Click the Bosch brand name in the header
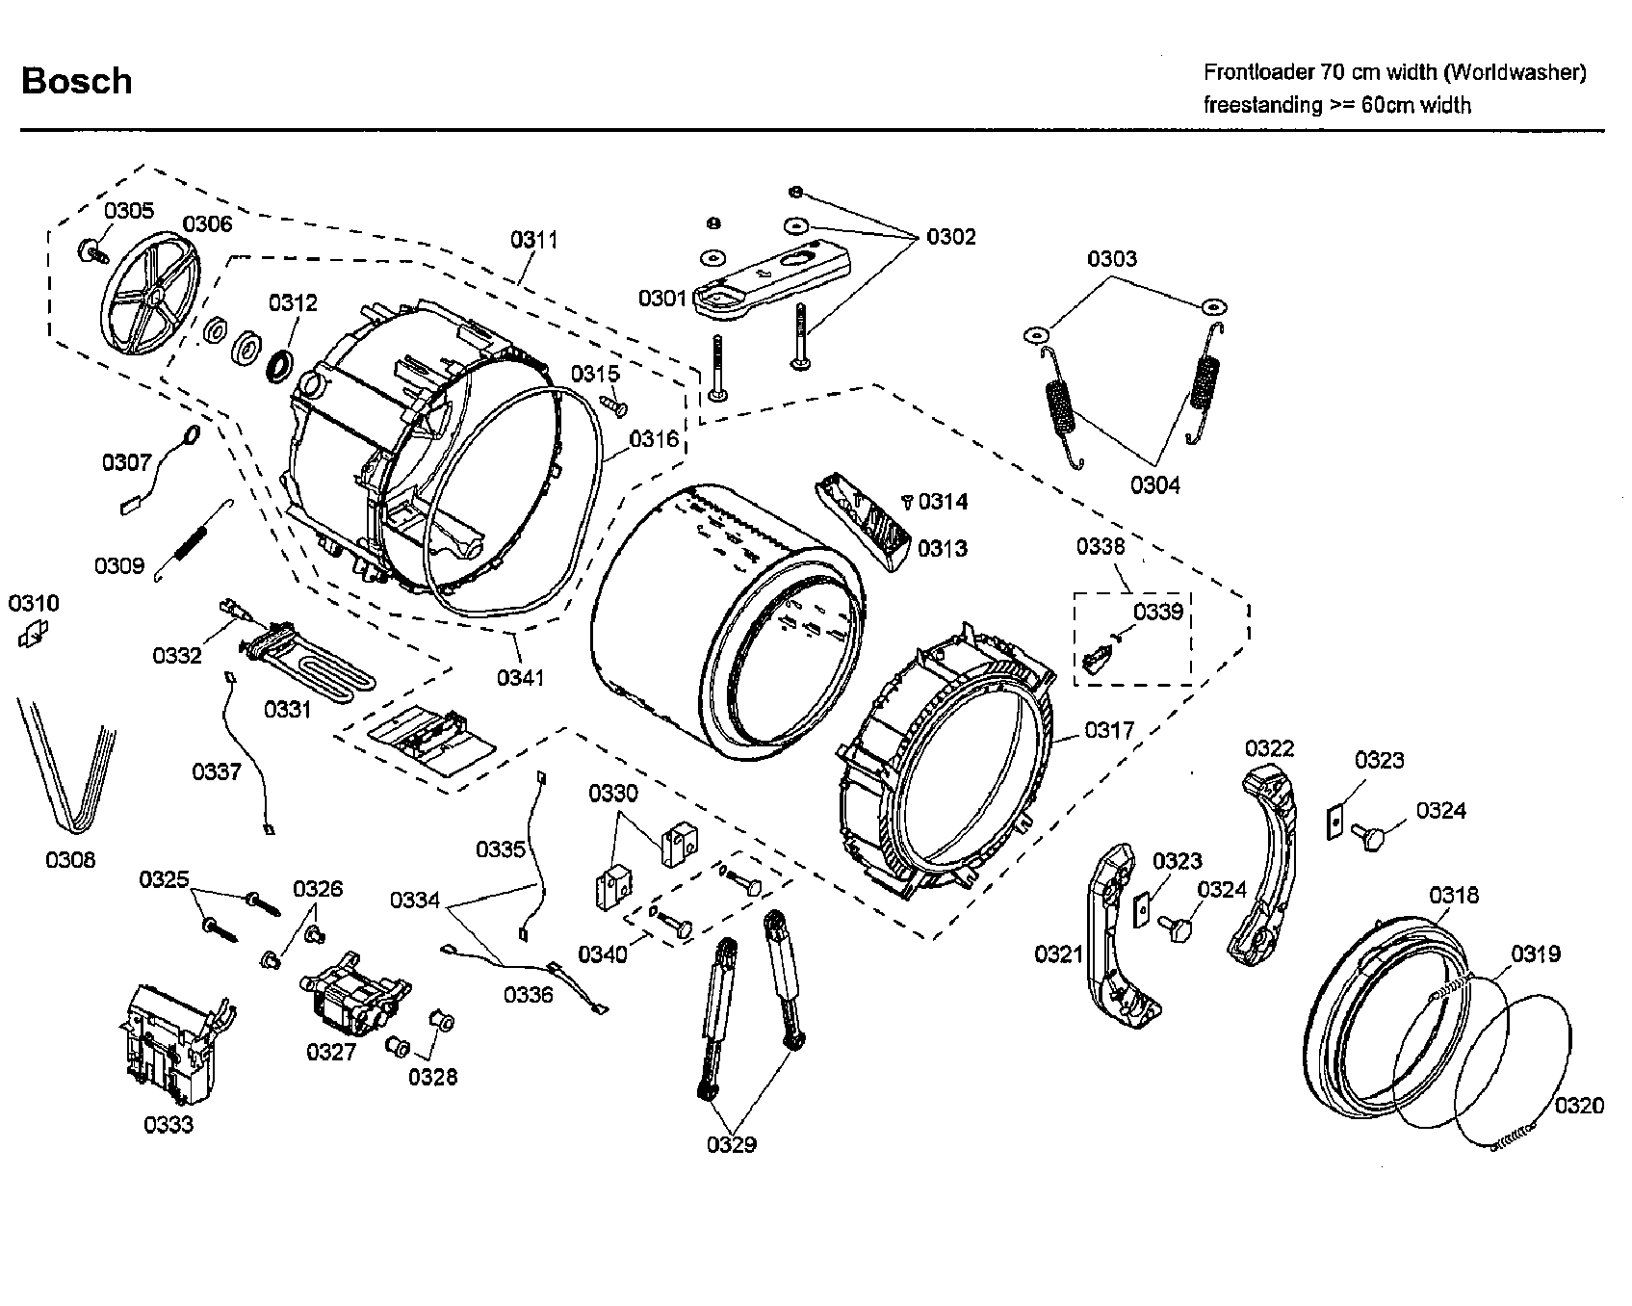tap(76, 82)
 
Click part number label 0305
tap(129, 211)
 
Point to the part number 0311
tap(534, 240)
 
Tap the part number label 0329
tap(731, 1144)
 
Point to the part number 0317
tap(1109, 730)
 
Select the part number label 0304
tap(1154, 484)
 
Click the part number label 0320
tap(1579, 1106)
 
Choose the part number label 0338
tap(1100, 547)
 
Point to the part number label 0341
tap(520, 678)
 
